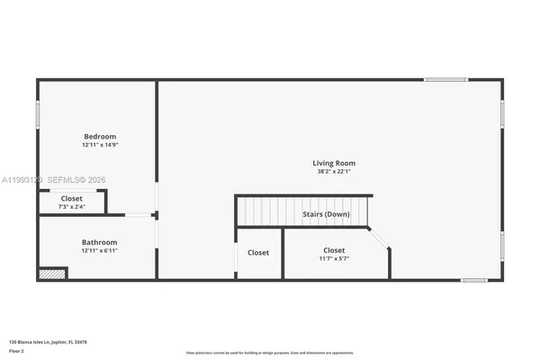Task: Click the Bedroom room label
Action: [99, 136]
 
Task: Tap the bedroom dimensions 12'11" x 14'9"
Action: [99, 145]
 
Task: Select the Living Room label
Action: [330, 163]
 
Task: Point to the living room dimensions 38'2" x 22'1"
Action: [330, 171]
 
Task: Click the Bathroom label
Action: [99, 242]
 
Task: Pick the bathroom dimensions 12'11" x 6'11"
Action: [99, 250]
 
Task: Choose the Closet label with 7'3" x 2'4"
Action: [72, 198]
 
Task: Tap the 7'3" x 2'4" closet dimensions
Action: [72, 206]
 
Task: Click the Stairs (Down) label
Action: [325, 214]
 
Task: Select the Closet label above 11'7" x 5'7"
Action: [334, 250]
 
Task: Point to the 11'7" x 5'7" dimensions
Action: [334, 258]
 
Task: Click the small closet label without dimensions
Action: [258, 253]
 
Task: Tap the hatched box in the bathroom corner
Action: [53, 274]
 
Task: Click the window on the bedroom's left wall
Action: [38, 114]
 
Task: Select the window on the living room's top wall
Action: [446, 80]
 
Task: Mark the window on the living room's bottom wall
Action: [474, 280]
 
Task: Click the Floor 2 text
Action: [17, 351]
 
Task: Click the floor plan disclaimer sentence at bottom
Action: [270, 352]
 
